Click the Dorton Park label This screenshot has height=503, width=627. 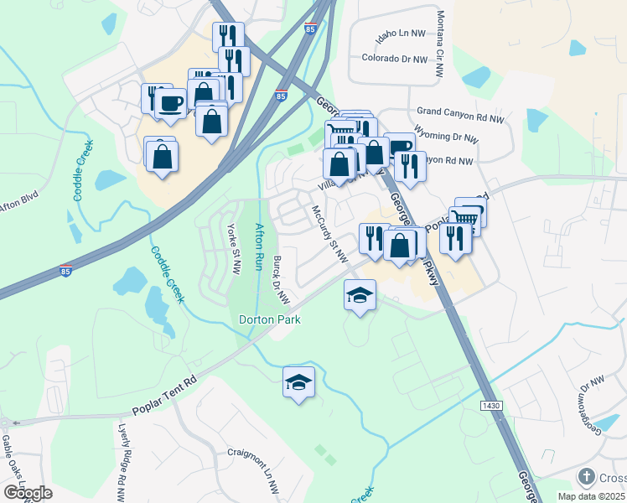(269, 319)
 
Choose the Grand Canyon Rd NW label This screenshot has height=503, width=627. (461, 111)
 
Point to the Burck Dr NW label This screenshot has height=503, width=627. (280, 280)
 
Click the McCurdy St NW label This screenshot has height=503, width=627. (329, 235)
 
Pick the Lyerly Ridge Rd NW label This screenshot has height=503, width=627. (122, 460)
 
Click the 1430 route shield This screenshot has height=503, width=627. (492, 406)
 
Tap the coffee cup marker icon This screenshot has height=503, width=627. (171, 103)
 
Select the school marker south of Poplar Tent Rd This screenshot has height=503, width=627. (298, 382)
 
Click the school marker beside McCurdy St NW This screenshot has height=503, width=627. (360, 295)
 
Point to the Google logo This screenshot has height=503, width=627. (28, 492)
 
